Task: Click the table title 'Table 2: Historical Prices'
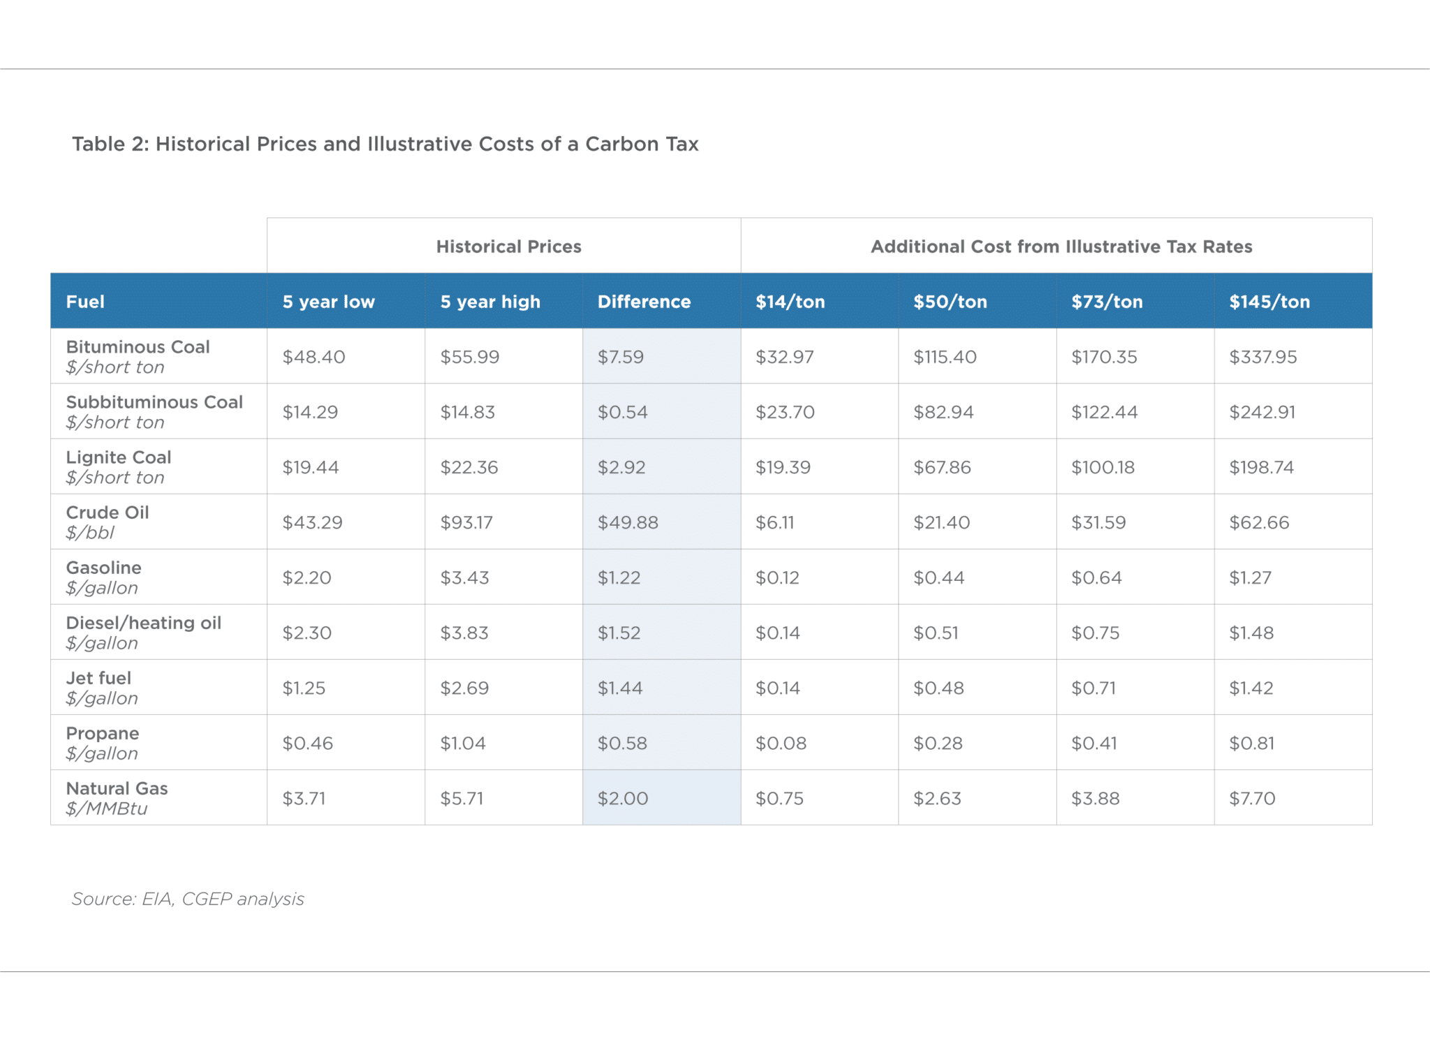click(x=385, y=144)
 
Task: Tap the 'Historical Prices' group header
click(x=508, y=246)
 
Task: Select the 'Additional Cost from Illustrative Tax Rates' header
click(x=1061, y=246)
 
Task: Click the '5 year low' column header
click(x=328, y=302)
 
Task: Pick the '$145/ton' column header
click(x=1269, y=302)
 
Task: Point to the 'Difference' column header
click(x=644, y=302)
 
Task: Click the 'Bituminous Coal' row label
click(x=138, y=347)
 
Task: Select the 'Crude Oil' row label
click(x=108, y=513)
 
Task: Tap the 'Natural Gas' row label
click(x=117, y=788)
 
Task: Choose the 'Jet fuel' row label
click(x=98, y=678)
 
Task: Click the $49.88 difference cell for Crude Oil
click(x=628, y=522)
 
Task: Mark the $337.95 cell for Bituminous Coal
click(x=1262, y=357)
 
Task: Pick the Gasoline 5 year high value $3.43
click(x=464, y=577)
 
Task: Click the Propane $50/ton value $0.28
click(x=938, y=743)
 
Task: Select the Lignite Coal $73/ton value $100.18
click(x=1103, y=467)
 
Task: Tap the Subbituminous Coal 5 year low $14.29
click(x=310, y=412)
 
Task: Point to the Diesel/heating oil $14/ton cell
click(x=777, y=633)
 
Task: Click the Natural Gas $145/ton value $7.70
click(x=1252, y=798)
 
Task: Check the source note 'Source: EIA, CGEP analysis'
click(x=188, y=899)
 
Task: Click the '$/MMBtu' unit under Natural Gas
click(x=107, y=809)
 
